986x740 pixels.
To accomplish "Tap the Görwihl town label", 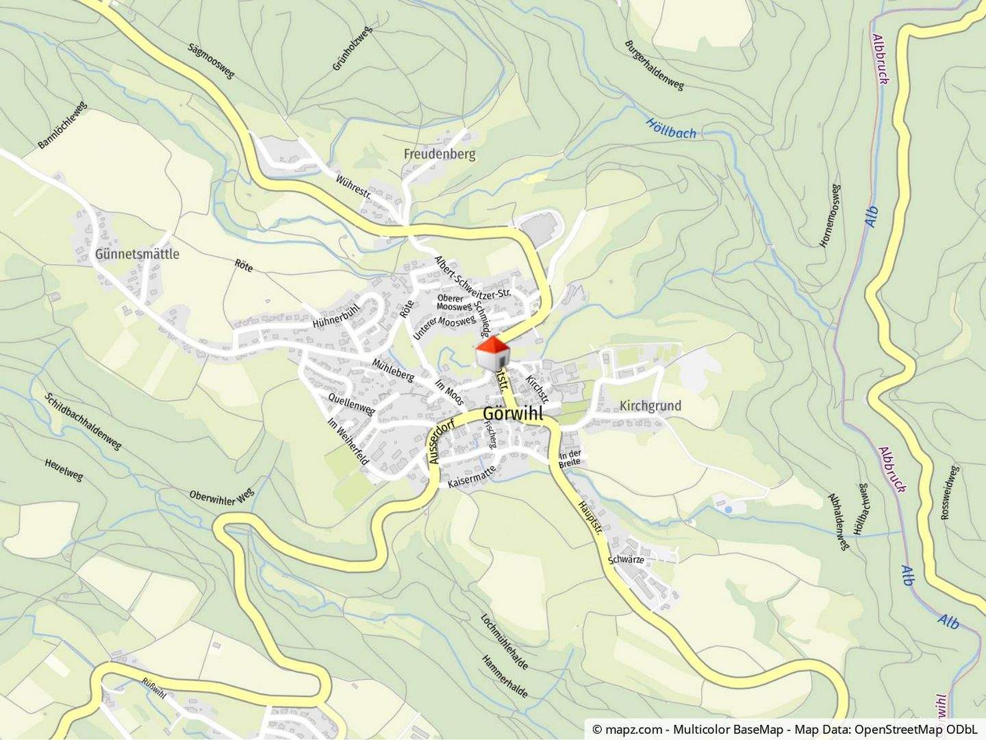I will pyautogui.click(x=513, y=414).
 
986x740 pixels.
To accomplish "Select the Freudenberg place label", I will pyautogui.click(x=439, y=154).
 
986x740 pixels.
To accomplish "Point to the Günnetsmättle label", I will pyautogui.click(x=138, y=254).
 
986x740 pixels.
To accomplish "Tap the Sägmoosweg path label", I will pyautogui.click(x=210, y=61).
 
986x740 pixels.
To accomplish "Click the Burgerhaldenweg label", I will pyautogui.click(x=654, y=66).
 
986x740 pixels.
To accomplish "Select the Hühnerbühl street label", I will pyautogui.click(x=335, y=314).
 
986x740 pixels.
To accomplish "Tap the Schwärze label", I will pyautogui.click(x=626, y=559).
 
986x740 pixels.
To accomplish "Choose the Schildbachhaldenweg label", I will pyautogui.click(x=84, y=421).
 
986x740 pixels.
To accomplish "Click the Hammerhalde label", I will pyautogui.click(x=505, y=676).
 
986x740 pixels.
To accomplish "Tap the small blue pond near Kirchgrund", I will pyautogui.click(x=728, y=509).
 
